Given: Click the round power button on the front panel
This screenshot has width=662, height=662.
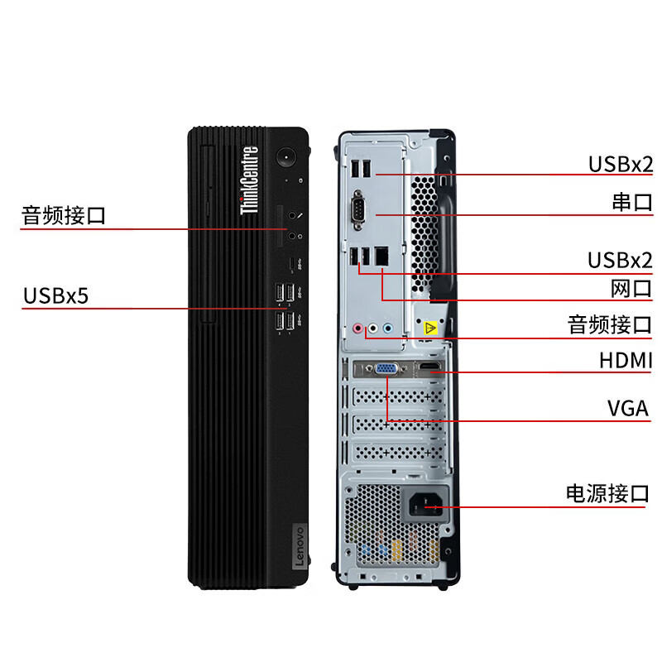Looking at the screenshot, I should pyautogui.click(x=287, y=156).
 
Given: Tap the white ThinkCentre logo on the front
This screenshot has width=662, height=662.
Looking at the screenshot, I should pyautogui.click(x=248, y=181).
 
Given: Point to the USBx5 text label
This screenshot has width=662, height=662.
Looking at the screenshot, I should pyautogui.click(x=55, y=295).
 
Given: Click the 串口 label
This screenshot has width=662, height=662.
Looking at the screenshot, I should pyautogui.click(x=631, y=204).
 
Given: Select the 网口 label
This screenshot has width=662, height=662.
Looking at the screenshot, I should pyautogui.click(x=631, y=289).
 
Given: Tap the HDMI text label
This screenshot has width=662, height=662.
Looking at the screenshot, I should pyautogui.click(x=626, y=361).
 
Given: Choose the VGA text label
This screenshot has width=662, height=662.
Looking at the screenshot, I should pyautogui.click(x=628, y=409).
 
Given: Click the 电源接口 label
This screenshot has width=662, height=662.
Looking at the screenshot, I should pyautogui.click(x=607, y=494).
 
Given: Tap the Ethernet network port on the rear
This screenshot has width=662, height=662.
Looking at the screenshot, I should pyautogui.click(x=381, y=257).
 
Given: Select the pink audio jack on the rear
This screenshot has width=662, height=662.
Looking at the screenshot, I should pyautogui.click(x=358, y=328).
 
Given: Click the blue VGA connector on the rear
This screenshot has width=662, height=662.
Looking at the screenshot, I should pyautogui.click(x=386, y=370).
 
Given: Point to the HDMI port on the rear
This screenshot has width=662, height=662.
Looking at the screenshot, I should pyautogui.click(x=428, y=367).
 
